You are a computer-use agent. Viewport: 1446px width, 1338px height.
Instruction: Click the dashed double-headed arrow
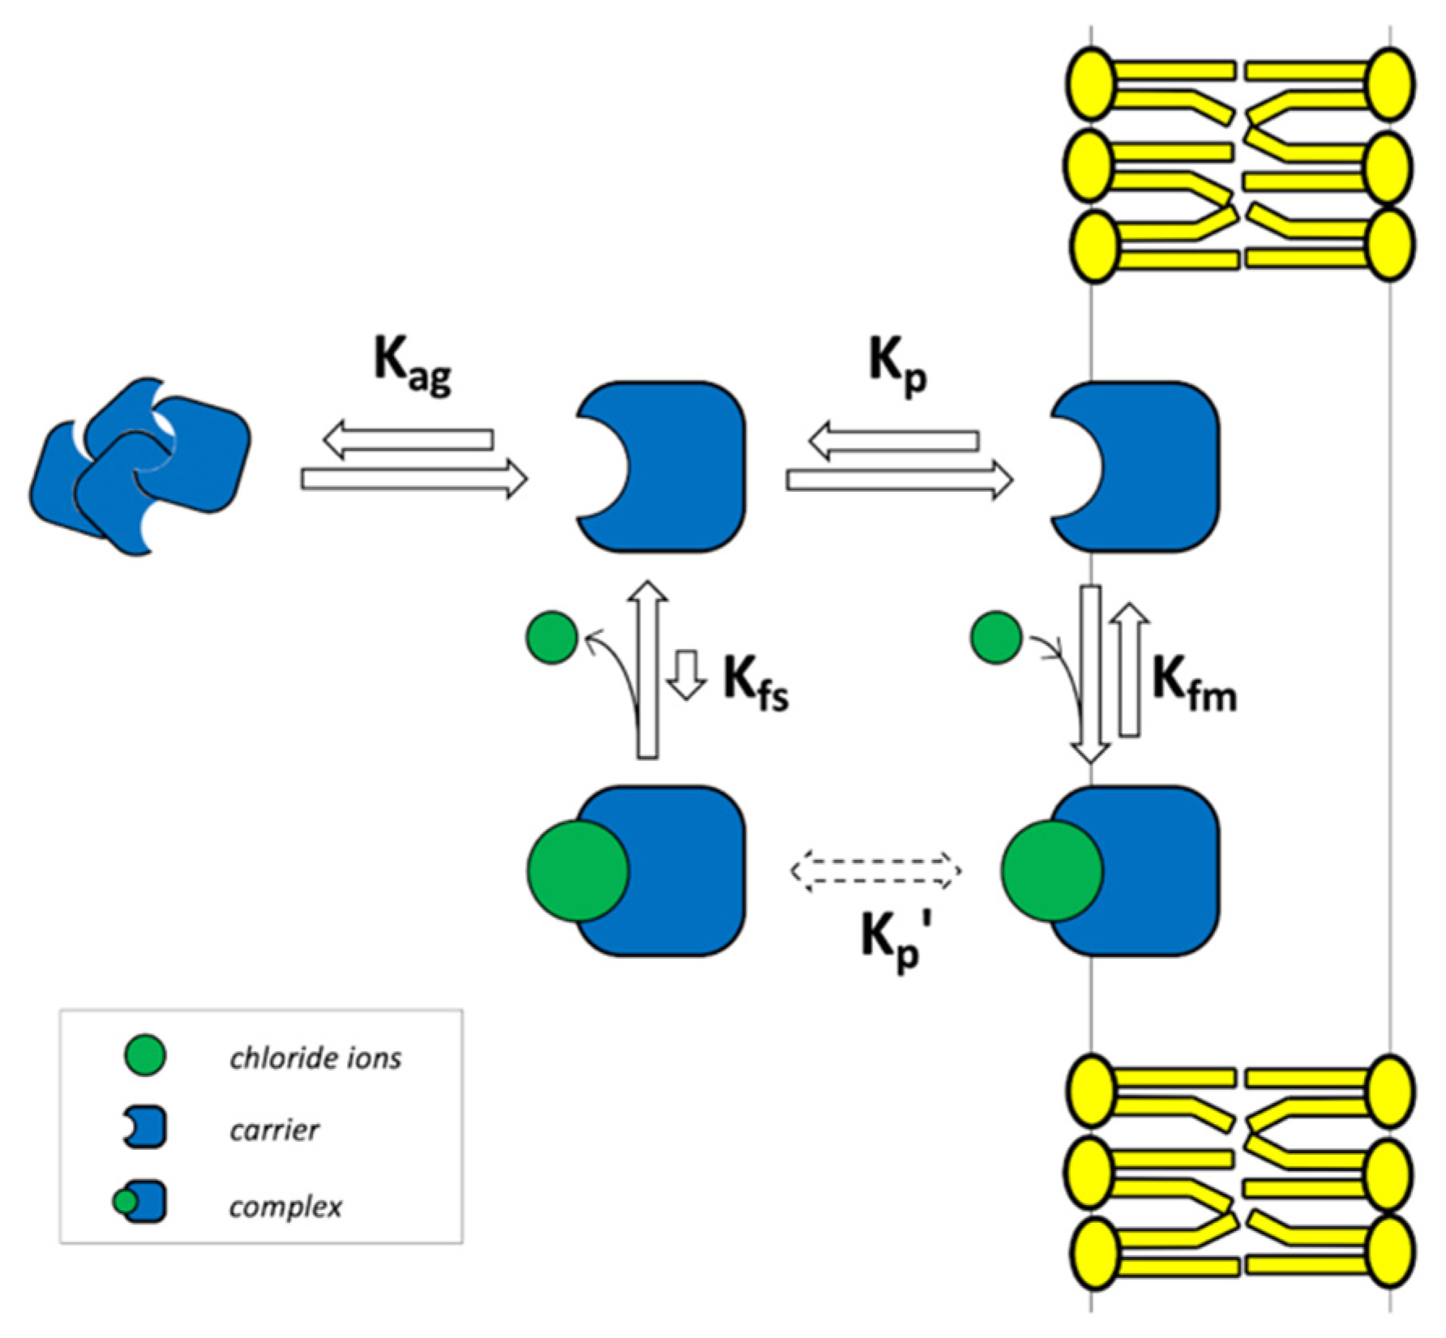(x=875, y=871)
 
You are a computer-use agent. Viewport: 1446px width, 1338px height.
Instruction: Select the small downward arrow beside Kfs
(x=687, y=673)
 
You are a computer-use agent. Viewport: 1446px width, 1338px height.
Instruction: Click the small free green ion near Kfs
(x=552, y=638)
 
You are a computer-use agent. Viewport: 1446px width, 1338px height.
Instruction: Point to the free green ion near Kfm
(x=995, y=638)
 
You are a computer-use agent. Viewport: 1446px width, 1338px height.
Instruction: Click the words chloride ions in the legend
(x=315, y=1058)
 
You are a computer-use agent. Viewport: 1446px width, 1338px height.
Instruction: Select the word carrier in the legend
(x=274, y=1130)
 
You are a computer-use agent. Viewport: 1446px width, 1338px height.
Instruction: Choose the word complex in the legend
(x=285, y=1207)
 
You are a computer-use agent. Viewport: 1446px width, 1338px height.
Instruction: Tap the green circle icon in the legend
(x=146, y=1056)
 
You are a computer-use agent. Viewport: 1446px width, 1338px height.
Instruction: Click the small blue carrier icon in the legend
(x=146, y=1127)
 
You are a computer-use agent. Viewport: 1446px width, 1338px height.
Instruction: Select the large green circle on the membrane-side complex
(x=1051, y=871)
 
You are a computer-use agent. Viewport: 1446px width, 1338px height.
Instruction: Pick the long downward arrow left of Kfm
(x=1091, y=673)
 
